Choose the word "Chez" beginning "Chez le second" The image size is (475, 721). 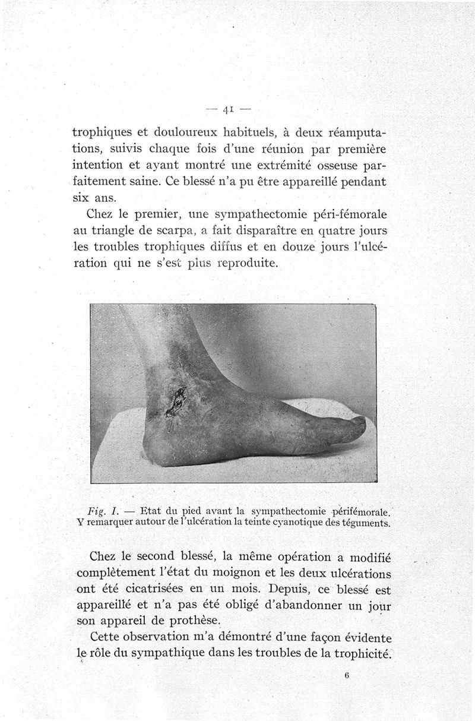click(102, 557)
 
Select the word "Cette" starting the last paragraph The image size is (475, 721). click(103, 637)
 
